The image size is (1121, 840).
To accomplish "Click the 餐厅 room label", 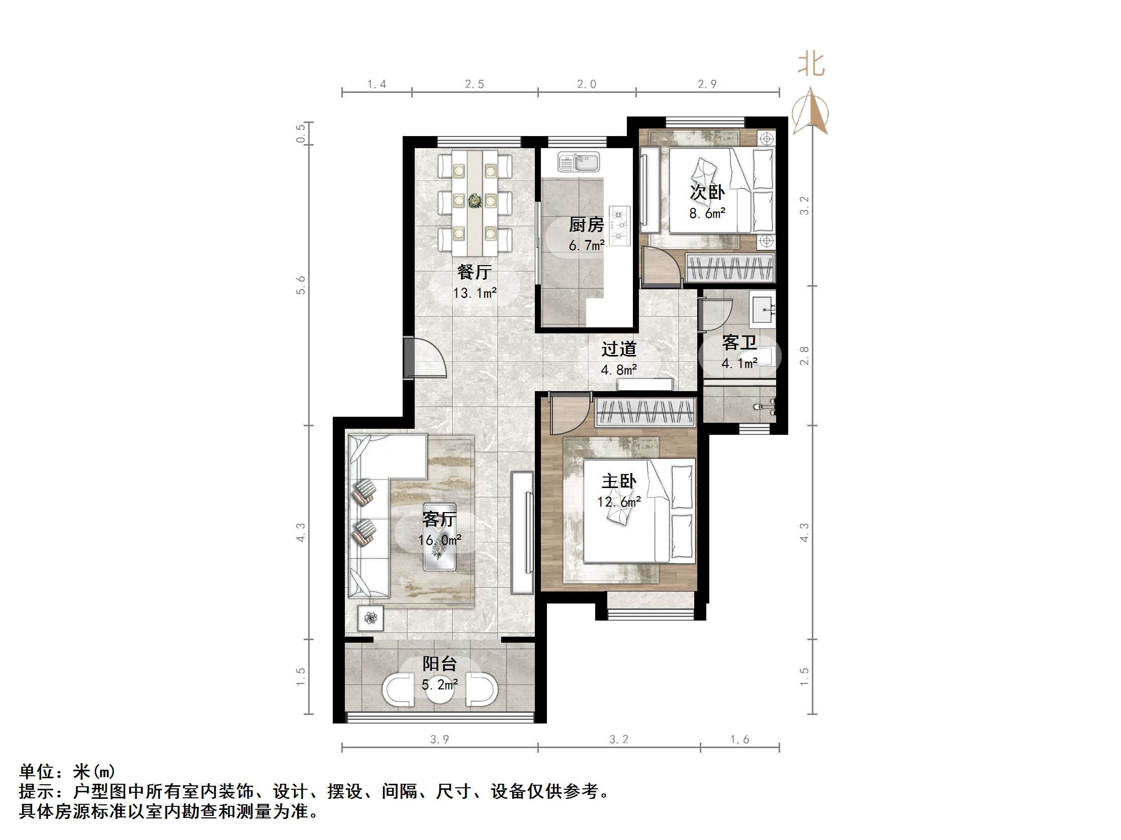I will coord(474,273).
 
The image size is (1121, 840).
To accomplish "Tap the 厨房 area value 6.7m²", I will coord(586,246).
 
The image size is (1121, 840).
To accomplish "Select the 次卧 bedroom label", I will coord(707,192).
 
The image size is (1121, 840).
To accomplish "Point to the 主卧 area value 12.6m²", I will coord(619,502).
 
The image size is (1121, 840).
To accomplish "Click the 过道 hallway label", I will coord(619,349).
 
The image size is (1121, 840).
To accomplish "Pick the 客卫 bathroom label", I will coord(739,343).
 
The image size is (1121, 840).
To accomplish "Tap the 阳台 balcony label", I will coord(440,663).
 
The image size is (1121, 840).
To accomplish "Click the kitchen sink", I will coord(579,162).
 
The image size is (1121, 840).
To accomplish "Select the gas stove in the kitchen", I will coord(619,226).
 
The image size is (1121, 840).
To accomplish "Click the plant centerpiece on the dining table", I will coord(475,201).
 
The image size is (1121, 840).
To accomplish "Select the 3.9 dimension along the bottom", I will coord(439,739).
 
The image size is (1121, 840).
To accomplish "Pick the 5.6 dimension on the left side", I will coord(301,285).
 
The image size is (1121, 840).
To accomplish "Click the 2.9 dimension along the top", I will coord(707,84).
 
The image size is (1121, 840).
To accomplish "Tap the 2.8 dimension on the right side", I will coord(804,355).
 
